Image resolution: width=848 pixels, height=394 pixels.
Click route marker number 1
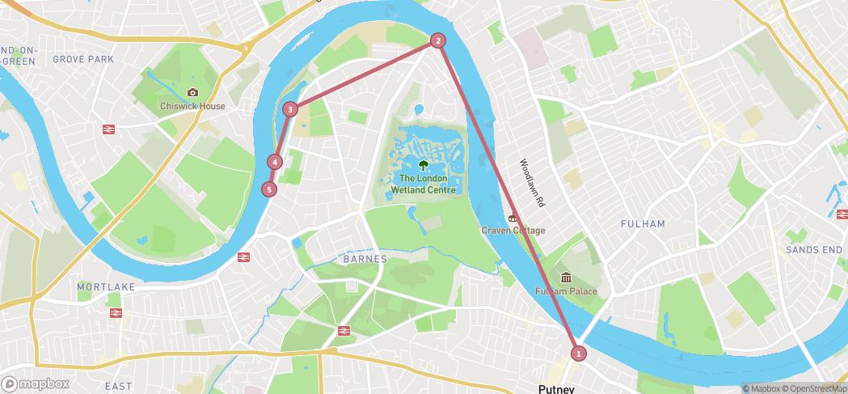(578, 353)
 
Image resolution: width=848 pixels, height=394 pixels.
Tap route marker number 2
(437, 40)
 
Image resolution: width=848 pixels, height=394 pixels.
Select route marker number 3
(290, 109)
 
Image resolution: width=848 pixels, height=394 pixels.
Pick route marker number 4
(276, 162)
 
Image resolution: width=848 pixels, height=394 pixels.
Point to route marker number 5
(269, 189)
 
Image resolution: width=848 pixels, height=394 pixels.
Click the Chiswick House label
(193, 106)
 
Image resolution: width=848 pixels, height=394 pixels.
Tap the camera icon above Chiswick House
(192, 92)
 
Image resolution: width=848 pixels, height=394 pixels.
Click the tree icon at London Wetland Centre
(424, 167)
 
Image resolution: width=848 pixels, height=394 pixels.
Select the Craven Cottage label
(513, 231)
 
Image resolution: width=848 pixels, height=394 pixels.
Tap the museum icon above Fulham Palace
(566, 277)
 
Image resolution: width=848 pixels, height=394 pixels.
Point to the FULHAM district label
(643, 223)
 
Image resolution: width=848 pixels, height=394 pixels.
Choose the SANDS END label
(814, 251)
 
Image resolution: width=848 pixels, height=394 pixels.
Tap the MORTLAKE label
(106, 287)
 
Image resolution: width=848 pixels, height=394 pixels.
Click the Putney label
(556, 388)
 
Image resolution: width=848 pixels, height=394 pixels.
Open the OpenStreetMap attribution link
(813, 388)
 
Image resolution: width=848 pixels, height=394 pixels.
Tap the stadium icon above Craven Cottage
(511, 217)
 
